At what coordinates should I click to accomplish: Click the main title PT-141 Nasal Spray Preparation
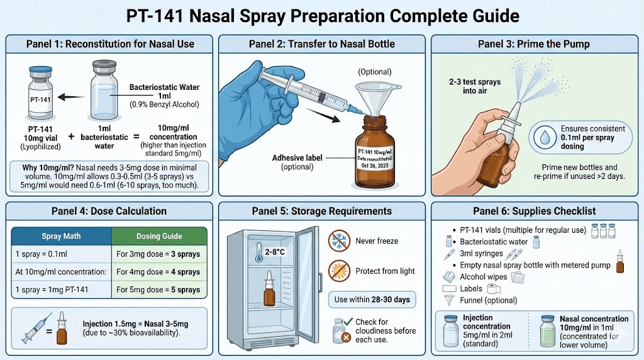322,15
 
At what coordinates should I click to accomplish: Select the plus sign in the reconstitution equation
70,137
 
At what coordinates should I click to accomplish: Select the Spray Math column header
62,237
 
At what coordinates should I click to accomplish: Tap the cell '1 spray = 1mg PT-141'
62,290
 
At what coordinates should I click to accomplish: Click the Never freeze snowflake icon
338,240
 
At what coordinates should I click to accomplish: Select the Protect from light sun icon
338,271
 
